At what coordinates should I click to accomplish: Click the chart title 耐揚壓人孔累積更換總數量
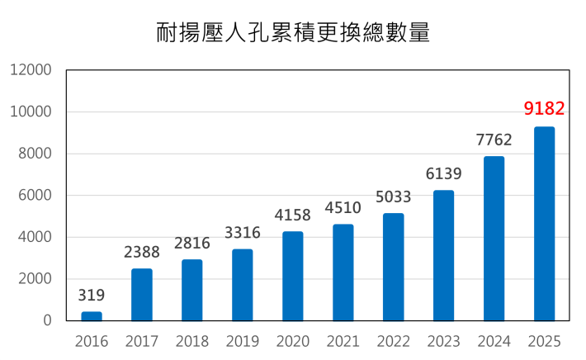(x=293, y=32)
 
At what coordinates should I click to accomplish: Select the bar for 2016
(x=92, y=316)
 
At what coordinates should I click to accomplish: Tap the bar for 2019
(x=243, y=285)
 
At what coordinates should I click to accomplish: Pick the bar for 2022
(x=394, y=267)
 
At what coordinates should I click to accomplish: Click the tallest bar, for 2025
(x=545, y=224)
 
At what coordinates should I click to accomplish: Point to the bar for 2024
(x=494, y=239)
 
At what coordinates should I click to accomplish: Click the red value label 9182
(x=545, y=109)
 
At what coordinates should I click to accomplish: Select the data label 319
(x=92, y=295)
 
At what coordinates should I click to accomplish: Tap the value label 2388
(x=142, y=253)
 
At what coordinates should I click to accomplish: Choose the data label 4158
(x=293, y=216)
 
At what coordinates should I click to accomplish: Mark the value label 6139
(x=443, y=174)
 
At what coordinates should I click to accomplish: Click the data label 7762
(x=494, y=140)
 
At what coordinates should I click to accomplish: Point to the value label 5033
(x=394, y=197)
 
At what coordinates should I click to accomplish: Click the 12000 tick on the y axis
(x=31, y=70)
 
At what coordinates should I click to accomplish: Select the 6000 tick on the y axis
(x=35, y=196)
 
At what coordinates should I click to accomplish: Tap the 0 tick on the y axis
(x=48, y=320)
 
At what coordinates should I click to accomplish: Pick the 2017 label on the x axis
(x=142, y=342)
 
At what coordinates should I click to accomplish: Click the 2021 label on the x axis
(x=343, y=342)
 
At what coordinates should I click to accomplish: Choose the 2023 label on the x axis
(x=443, y=342)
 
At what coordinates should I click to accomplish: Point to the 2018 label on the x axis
(x=192, y=342)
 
